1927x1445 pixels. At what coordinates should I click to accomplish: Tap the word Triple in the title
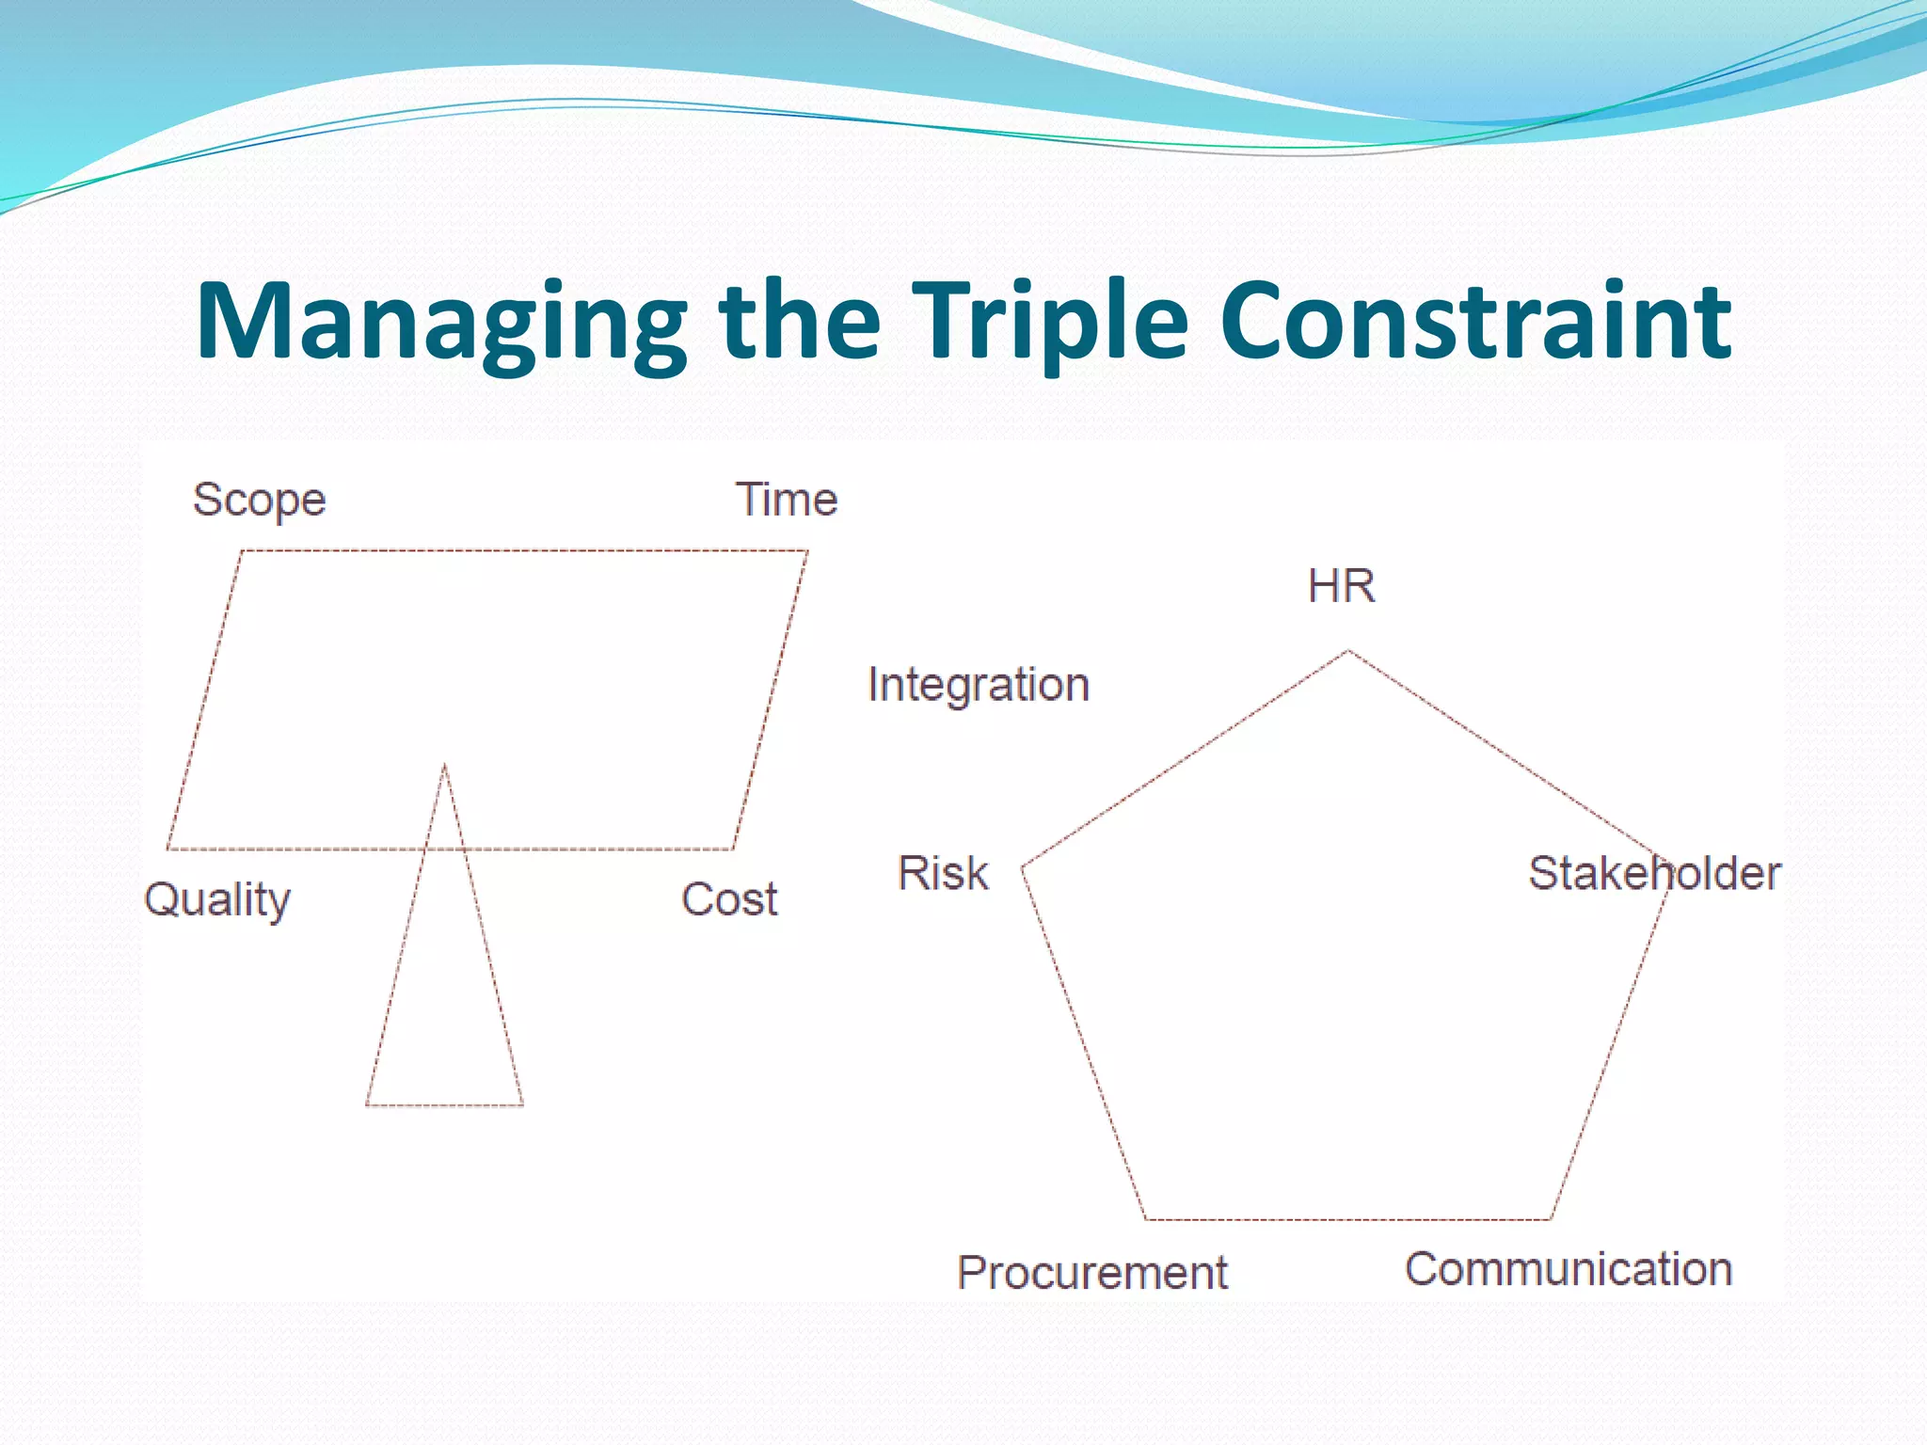(x=1050, y=322)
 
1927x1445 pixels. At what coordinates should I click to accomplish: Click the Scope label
(x=259, y=500)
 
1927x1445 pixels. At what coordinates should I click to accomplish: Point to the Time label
(x=786, y=500)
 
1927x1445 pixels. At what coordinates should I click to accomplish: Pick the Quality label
(x=217, y=900)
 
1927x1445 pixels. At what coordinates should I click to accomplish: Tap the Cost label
(x=729, y=899)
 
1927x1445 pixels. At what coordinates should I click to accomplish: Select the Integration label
(x=979, y=685)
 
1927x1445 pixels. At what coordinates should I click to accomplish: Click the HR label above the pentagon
(x=1341, y=586)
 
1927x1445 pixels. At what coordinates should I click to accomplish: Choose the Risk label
(x=943, y=873)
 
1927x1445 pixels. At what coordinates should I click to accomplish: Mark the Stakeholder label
(x=1653, y=873)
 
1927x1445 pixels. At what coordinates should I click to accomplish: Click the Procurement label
(x=1092, y=1273)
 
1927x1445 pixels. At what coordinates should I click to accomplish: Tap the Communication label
(x=1569, y=1269)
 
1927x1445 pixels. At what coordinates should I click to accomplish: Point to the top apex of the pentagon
(x=1348, y=650)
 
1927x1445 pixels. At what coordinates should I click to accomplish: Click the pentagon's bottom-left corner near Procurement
(x=1145, y=1219)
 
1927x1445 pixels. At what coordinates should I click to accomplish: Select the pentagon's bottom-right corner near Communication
(x=1551, y=1219)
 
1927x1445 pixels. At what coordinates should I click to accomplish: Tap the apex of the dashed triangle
(x=444, y=765)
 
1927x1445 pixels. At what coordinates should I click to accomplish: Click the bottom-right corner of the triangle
(x=522, y=1105)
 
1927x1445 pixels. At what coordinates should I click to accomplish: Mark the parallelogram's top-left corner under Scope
(x=242, y=550)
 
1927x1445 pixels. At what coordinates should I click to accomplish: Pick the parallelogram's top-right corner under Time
(x=807, y=550)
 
